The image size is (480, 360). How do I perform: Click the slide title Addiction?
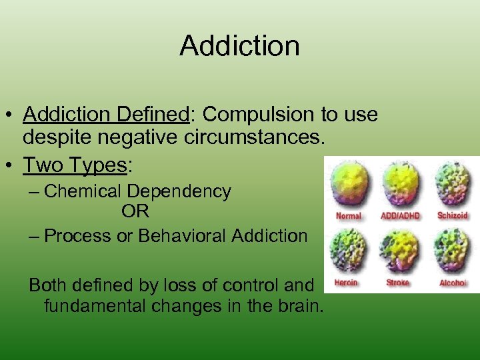[239, 46]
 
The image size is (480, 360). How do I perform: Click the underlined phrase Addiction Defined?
[107, 115]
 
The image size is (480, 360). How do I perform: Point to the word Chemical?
[83, 191]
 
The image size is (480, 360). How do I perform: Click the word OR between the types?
[135, 212]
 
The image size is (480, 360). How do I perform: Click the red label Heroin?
[346, 283]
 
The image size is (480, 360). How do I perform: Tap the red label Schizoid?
[453, 215]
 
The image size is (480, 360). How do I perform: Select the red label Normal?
[348, 215]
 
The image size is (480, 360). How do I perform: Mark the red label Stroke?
[398, 283]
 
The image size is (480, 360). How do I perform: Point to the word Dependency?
[180, 191]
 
